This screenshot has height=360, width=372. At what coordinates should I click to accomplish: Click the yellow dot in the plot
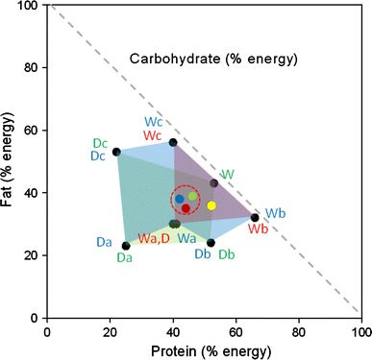pyautogui.click(x=211, y=205)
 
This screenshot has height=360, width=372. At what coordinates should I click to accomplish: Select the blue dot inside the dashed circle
pyautogui.click(x=179, y=199)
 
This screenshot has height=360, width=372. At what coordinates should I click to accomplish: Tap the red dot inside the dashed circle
pyautogui.click(x=186, y=208)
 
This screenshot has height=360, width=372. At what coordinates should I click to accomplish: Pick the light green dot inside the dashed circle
pyautogui.click(x=192, y=196)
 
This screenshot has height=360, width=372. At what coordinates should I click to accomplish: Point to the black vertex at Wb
pyautogui.click(x=255, y=217)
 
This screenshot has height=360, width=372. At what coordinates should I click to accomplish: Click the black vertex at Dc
pyautogui.click(x=116, y=152)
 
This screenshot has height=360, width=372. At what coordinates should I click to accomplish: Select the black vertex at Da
pyautogui.click(x=126, y=246)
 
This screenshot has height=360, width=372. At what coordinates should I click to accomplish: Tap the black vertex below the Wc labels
pyautogui.click(x=173, y=142)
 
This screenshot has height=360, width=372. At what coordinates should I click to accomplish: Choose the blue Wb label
pyautogui.click(x=275, y=212)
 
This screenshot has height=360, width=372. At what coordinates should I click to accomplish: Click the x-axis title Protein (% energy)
pyautogui.click(x=204, y=348)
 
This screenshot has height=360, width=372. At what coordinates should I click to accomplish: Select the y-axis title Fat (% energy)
pyautogui.click(x=12, y=161)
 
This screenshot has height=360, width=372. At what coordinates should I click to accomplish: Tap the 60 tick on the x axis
pyautogui.click(x=236, y=329)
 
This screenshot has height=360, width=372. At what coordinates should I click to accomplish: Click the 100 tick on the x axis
pyautogui.click(x=360, y=329)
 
